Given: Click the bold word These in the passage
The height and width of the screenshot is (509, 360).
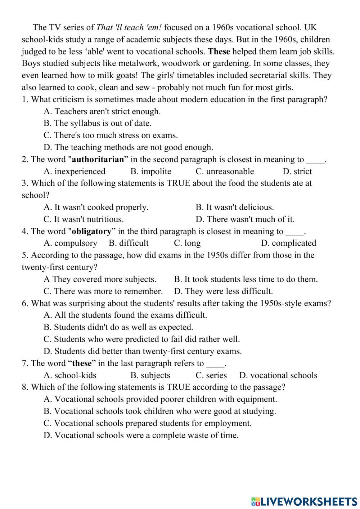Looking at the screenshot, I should (219, 52).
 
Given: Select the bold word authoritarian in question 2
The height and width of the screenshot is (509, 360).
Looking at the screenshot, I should (98, 159).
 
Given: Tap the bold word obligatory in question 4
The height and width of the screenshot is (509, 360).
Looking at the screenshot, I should (92, 231).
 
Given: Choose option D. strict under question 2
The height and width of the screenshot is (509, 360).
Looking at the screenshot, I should (297, 171).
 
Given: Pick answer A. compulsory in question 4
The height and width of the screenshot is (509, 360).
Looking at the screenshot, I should (70, 243).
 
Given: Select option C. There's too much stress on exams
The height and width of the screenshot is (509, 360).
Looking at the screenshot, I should (111, 135).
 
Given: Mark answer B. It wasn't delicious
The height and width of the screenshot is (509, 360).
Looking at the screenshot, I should (235, 207).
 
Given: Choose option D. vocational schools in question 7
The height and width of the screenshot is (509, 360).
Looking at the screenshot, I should (278, 375).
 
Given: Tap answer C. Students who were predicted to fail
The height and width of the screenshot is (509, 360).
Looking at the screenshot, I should (141, 339).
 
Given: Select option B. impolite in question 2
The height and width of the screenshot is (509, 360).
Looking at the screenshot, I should (151, 171).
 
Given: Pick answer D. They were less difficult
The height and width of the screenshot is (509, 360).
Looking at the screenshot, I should (223, 291).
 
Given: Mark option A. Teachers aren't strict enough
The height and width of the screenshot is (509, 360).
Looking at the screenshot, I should (102, 111).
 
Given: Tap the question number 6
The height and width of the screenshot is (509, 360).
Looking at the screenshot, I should (25, 303).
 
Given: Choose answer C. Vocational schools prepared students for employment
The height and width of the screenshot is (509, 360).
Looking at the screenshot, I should (148, 423).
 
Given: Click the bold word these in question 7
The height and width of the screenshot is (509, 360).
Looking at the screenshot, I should (82, 363).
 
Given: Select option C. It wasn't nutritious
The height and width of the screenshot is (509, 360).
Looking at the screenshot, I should (84, 219).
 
